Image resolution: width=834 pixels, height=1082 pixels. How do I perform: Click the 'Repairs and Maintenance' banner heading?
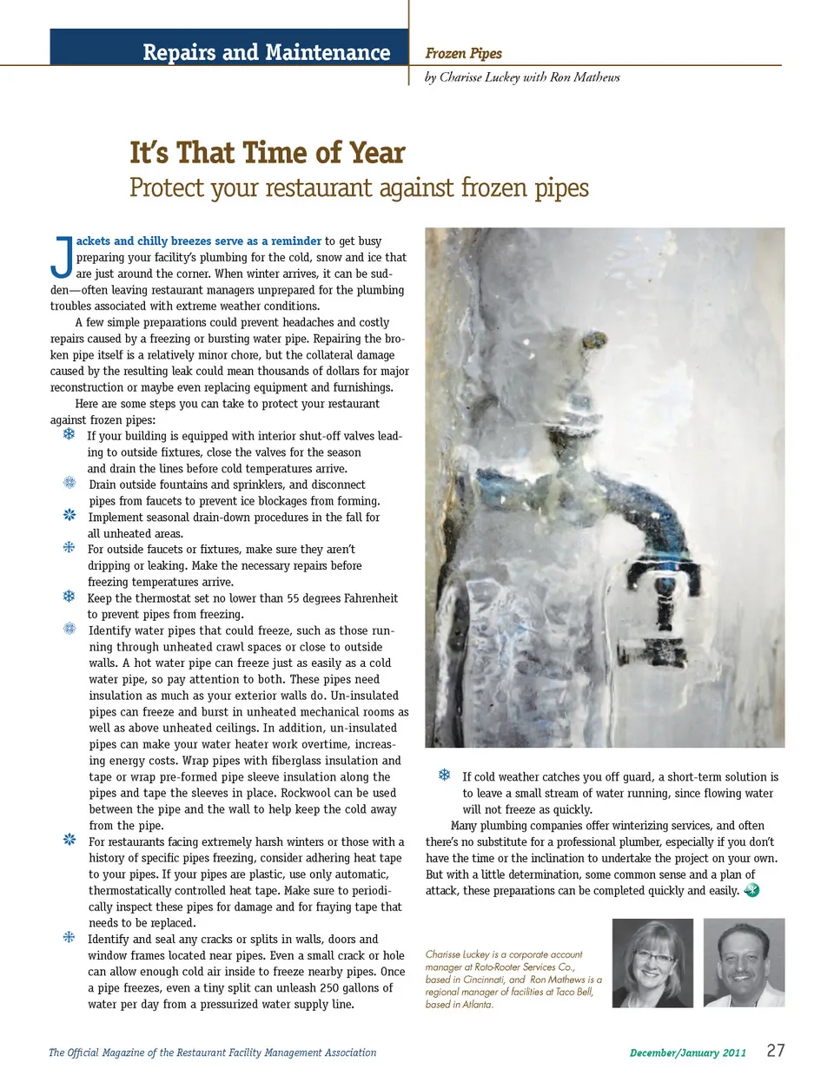266,52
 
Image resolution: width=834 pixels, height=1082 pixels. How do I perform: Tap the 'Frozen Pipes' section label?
463,53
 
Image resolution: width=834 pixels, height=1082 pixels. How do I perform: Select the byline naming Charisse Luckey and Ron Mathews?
522,77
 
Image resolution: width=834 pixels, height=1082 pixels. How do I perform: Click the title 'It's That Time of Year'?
267,153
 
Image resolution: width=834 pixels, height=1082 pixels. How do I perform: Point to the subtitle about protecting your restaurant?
359,188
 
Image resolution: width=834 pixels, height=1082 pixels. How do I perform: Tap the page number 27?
775,1050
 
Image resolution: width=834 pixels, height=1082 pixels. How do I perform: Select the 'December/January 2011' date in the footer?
687,1052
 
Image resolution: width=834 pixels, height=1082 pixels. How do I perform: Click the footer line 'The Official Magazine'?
212,1052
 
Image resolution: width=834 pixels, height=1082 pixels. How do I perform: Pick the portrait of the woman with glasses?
652,963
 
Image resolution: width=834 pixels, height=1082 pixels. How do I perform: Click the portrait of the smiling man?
744,963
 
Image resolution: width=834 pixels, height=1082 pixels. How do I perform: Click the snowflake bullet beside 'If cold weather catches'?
444,775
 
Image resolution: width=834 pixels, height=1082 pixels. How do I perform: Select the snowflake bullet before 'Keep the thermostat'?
69,597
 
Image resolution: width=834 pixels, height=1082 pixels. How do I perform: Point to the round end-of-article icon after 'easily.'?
751,890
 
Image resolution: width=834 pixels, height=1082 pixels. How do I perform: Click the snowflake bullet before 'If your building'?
69,434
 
